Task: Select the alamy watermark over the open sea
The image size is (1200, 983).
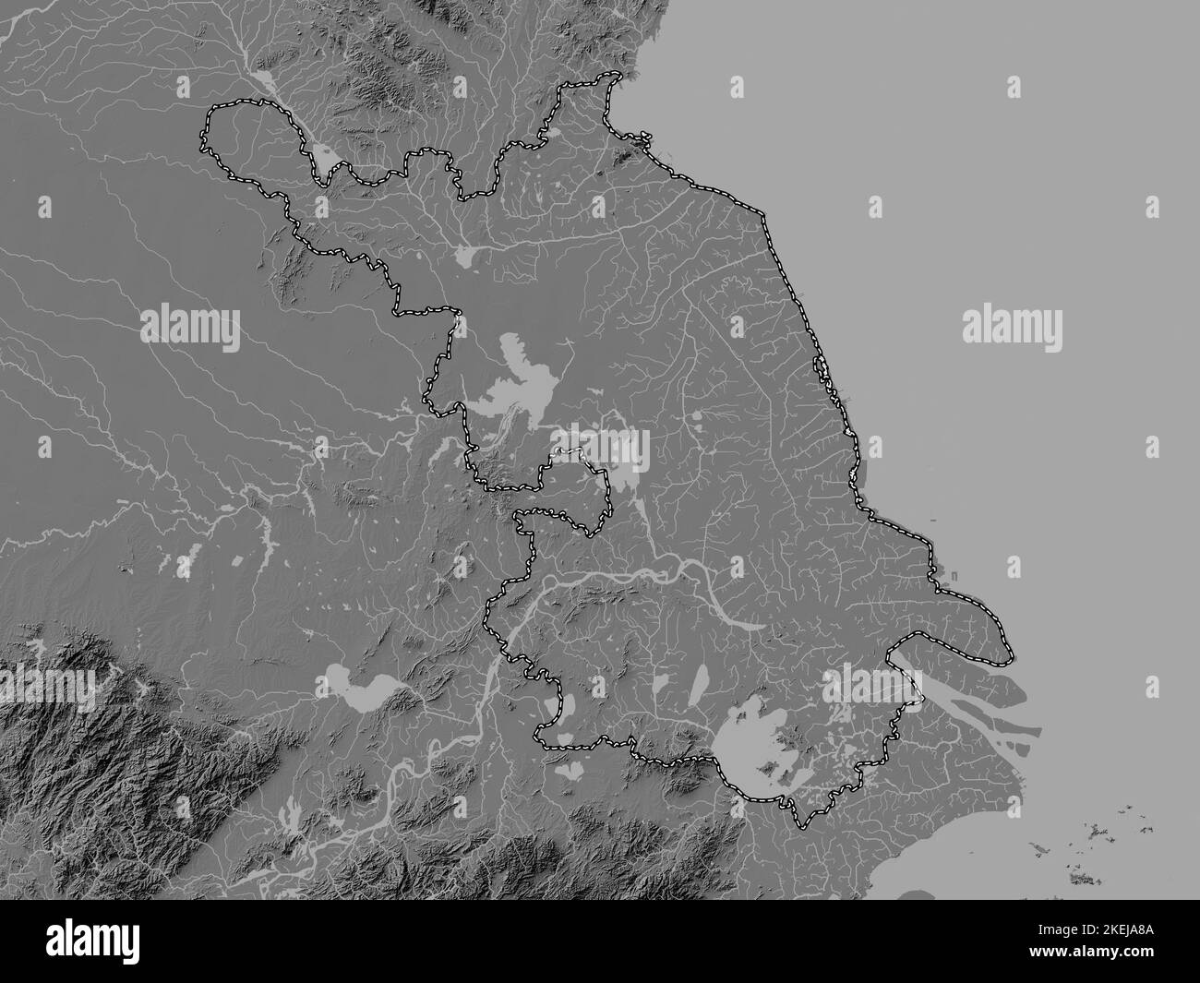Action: (x=1012, y=327)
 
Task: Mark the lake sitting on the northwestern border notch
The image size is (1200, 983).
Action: (x=326, y=159)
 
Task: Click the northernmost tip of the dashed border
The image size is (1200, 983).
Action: (x=609, y=75)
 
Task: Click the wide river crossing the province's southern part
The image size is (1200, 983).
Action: (x=637, y=577)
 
